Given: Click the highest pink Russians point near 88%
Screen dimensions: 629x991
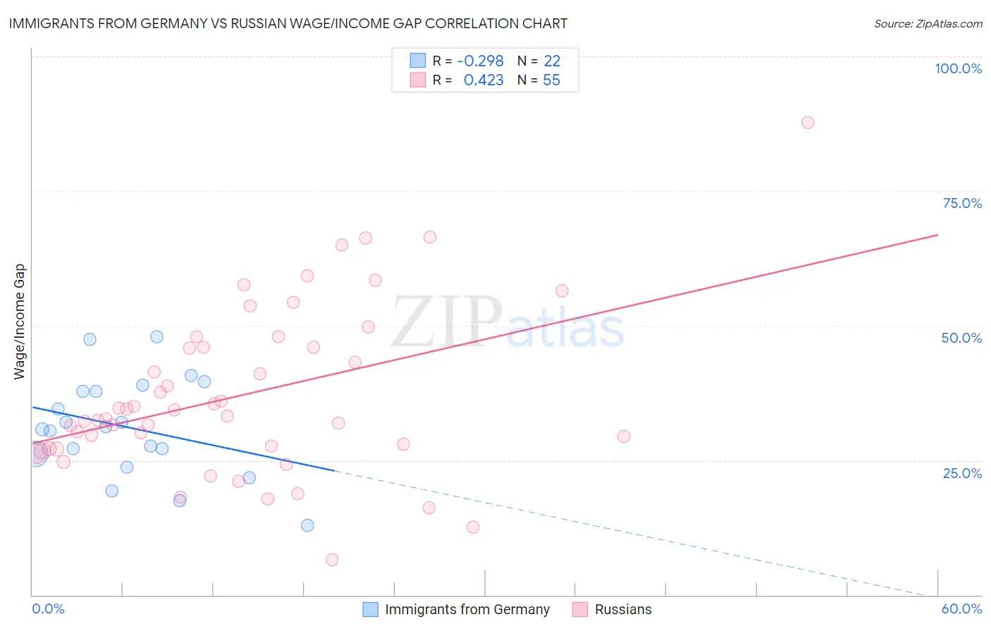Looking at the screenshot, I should click(808, 123).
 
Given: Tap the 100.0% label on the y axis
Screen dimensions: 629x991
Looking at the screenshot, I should click(958, 68).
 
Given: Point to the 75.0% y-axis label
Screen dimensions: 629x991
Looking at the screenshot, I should click(962, 203).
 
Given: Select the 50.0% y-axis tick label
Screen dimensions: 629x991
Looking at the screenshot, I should click(961, 338).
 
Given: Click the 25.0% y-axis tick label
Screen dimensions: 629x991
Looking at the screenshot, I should click(962, 473).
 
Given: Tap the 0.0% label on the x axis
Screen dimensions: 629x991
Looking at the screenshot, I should click(48, 609).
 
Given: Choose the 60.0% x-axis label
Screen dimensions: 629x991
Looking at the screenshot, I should click(961, 609).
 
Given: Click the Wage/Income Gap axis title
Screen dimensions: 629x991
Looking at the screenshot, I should click(20, 322).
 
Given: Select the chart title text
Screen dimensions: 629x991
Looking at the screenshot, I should click(288, 23).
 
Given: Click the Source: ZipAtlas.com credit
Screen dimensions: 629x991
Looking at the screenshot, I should click(928, 24).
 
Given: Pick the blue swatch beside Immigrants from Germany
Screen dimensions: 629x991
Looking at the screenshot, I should click(371, 609).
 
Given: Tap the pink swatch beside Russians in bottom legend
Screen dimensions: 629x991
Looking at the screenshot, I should click(580, 609).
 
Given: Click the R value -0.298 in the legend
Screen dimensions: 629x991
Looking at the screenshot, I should click(480, 61).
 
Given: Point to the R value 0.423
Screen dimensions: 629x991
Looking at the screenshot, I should click(484, 80).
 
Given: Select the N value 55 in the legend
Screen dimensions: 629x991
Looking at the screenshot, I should click(551, 80).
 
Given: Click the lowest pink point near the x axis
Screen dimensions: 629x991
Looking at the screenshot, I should click(332, 560).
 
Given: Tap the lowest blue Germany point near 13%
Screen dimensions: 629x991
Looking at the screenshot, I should click(307, 525).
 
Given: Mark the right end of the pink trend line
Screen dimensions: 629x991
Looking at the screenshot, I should click(937, 235).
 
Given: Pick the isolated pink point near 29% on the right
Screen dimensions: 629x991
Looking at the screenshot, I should click(624, 436).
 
